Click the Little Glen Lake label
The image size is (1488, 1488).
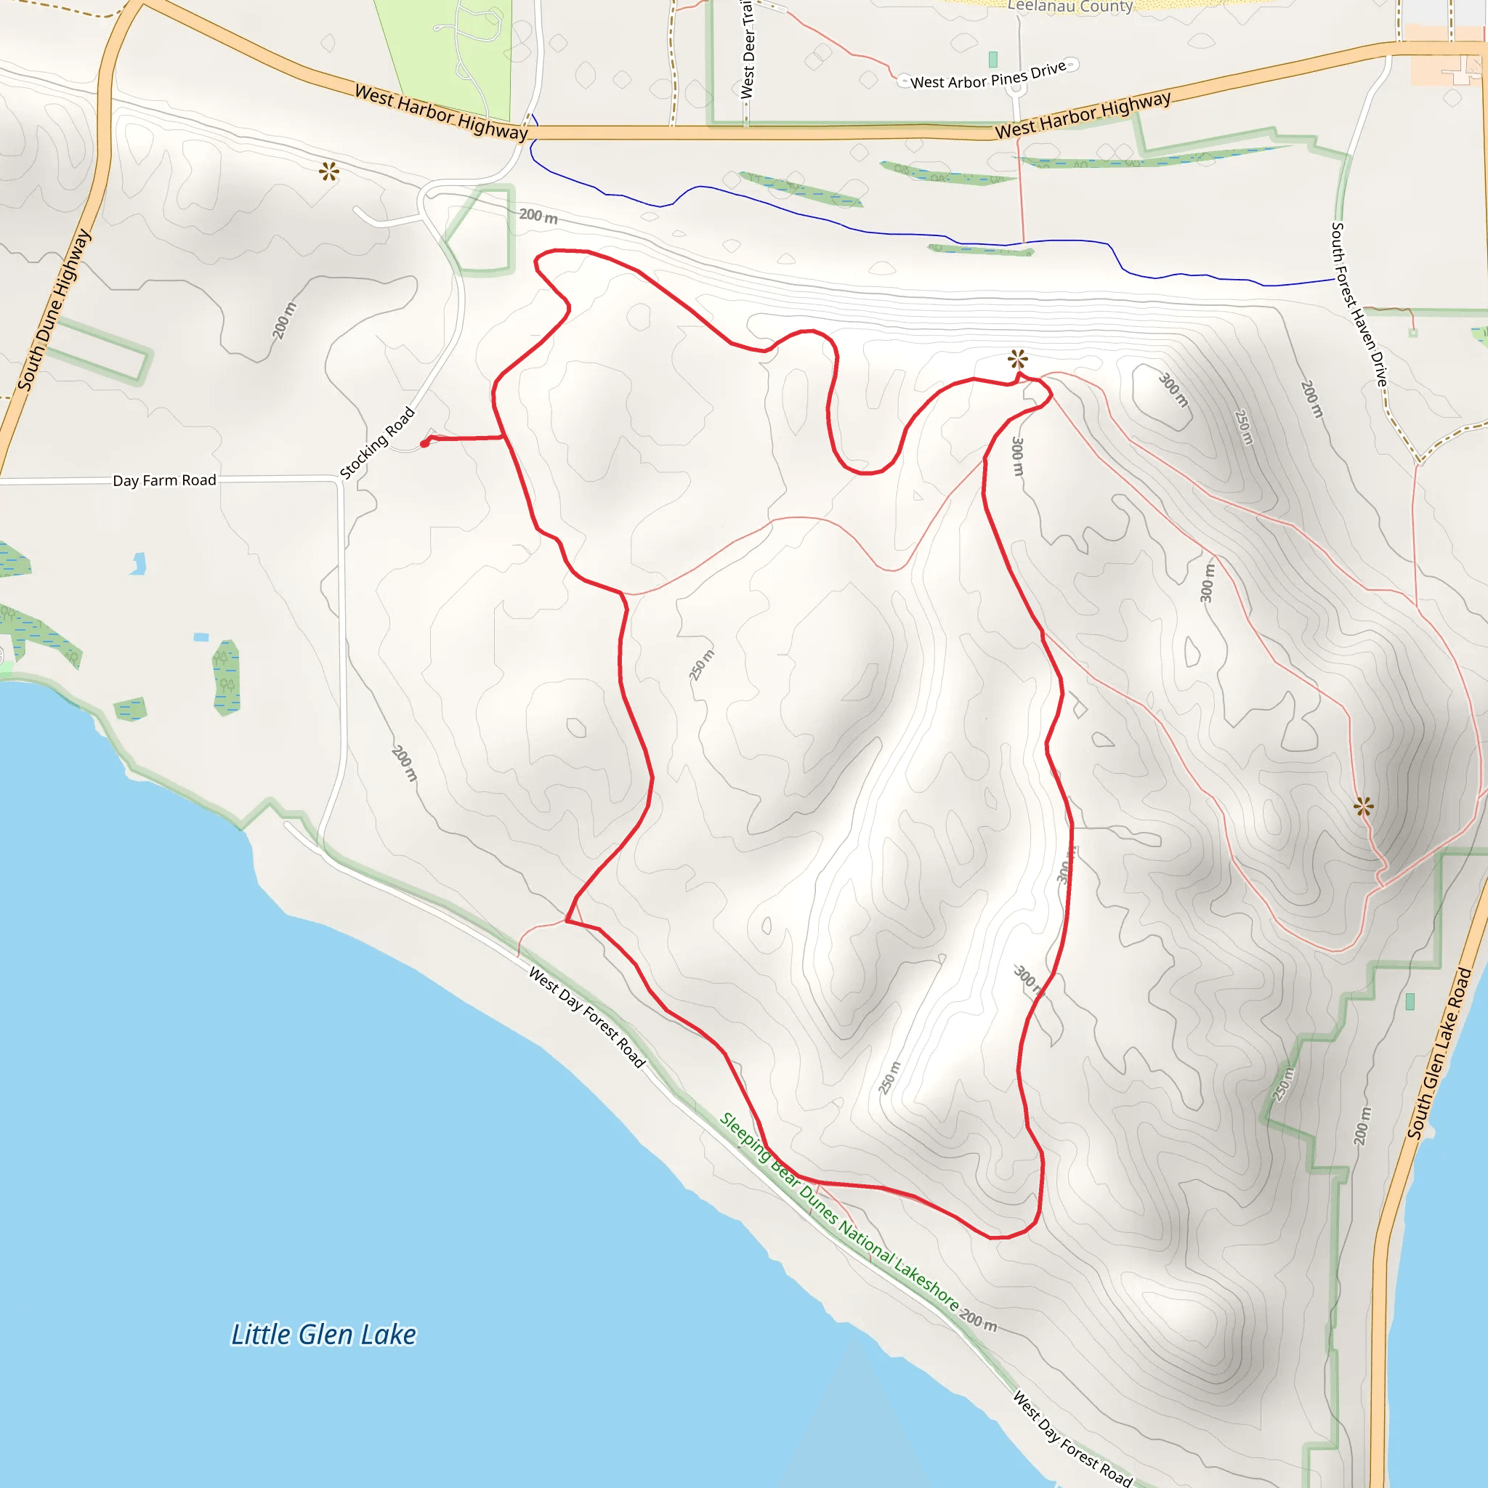tap(323, 1335)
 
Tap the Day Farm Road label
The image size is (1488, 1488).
tap(164, 480)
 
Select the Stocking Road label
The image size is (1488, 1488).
tap(377, 443)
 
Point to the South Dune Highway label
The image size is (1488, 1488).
tap(54, 310)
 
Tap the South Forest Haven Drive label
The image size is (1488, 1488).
tap(1359, 305)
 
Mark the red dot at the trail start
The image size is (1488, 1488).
tap(424, 443)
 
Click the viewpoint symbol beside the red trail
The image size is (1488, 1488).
tap(1017, 359)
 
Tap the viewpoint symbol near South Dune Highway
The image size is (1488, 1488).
tap(329, 171)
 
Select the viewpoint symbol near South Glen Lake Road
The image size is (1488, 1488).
tap(1363, 806)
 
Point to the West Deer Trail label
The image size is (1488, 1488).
tap(747, 48)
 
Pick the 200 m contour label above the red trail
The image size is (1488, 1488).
tap(538, 216)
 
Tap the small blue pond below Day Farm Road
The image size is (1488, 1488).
tap(139, 564)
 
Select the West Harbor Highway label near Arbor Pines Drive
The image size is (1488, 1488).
tap(1082, 116)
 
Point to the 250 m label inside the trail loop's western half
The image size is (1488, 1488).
tap(702, 665)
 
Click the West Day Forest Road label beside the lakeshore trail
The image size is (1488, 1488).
tap(586, 1016)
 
